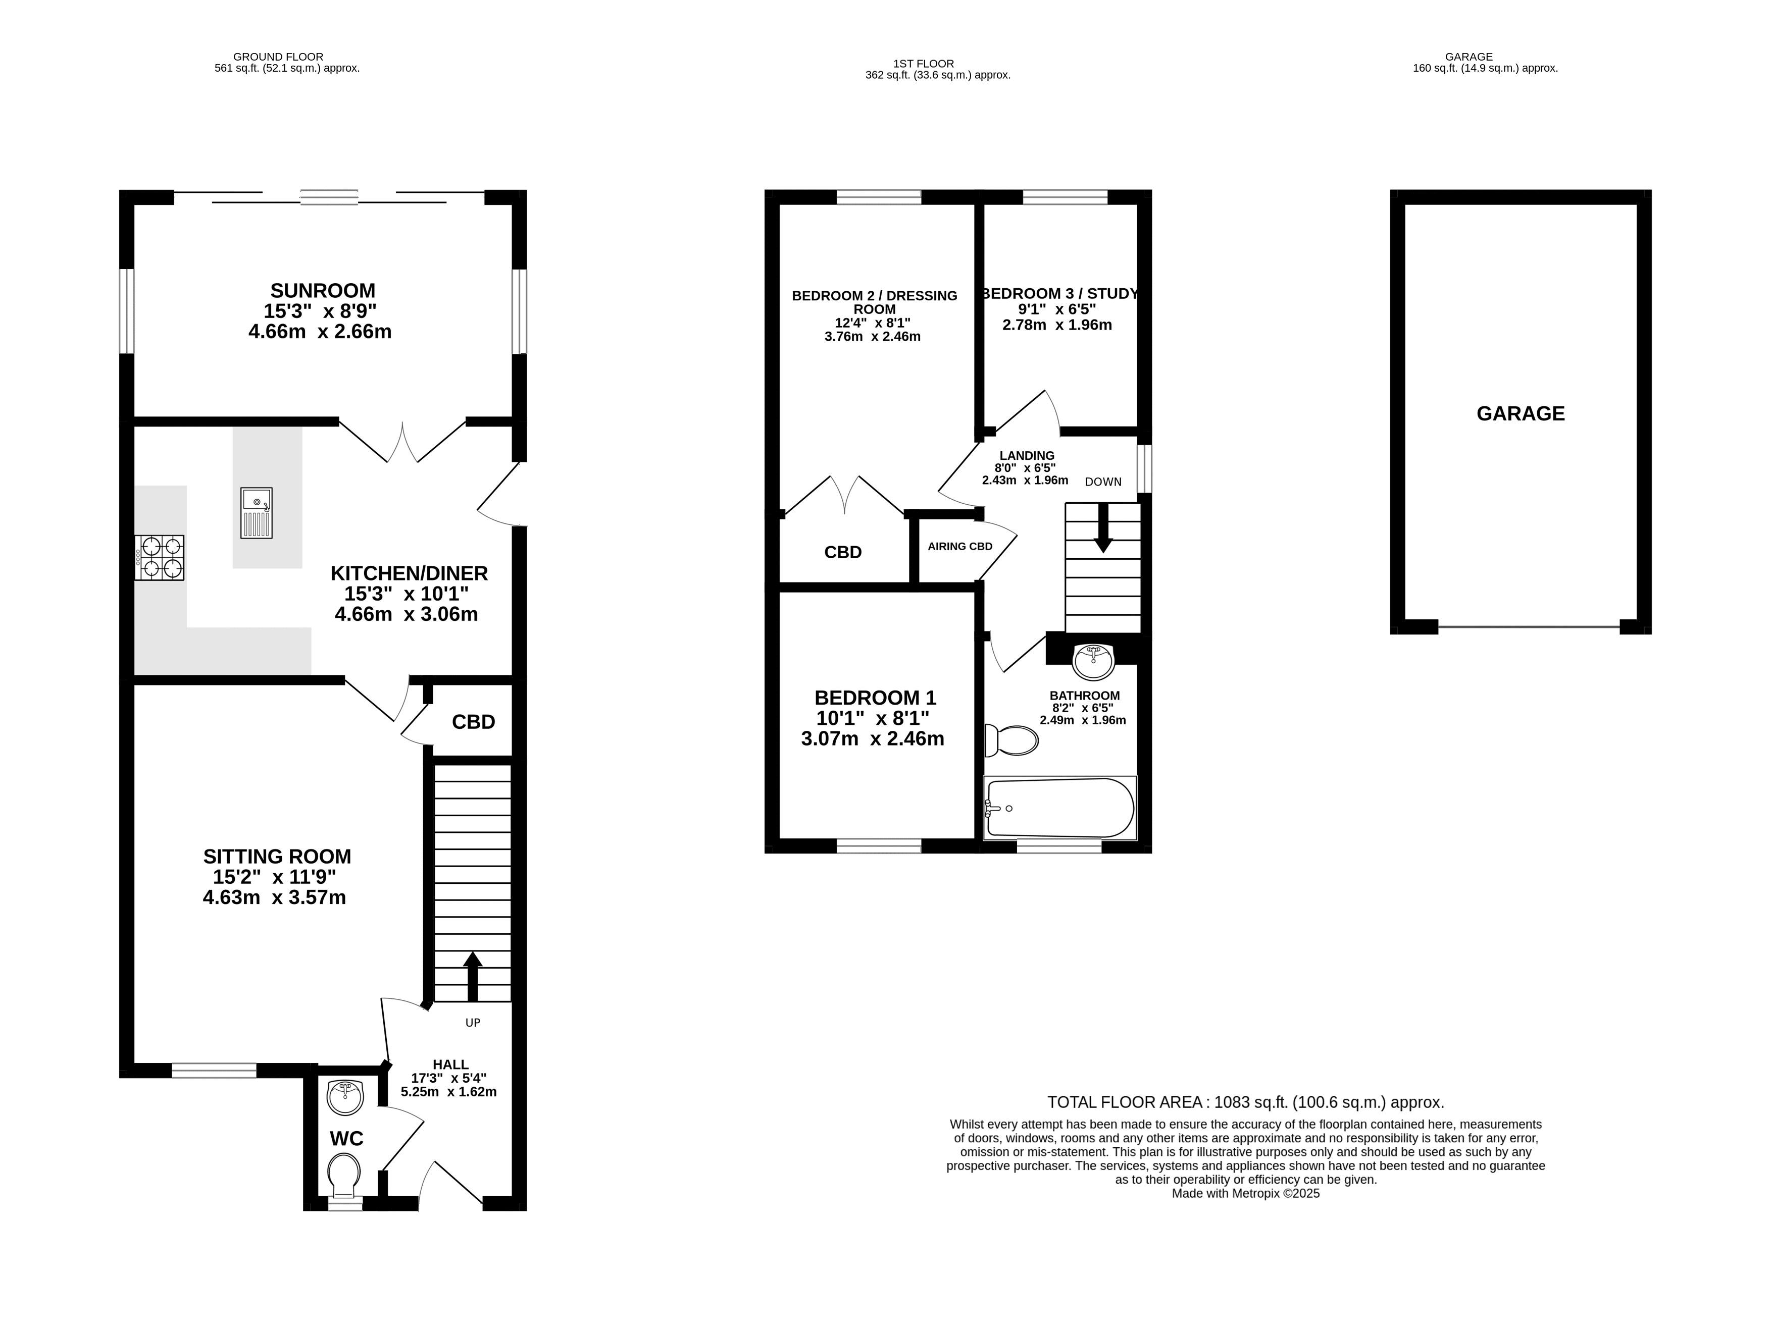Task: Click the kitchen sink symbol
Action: point(256,513)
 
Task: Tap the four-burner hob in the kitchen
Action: point(160,558)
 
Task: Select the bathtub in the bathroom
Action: point(1060,808)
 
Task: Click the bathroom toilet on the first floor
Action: point(1011,740)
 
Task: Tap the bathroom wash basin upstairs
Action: point(1093,661)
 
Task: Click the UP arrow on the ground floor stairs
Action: point(472,976)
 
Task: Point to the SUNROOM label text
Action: point(323,291)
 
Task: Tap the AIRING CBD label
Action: point(960,547)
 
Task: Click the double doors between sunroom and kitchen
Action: point(402,443)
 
